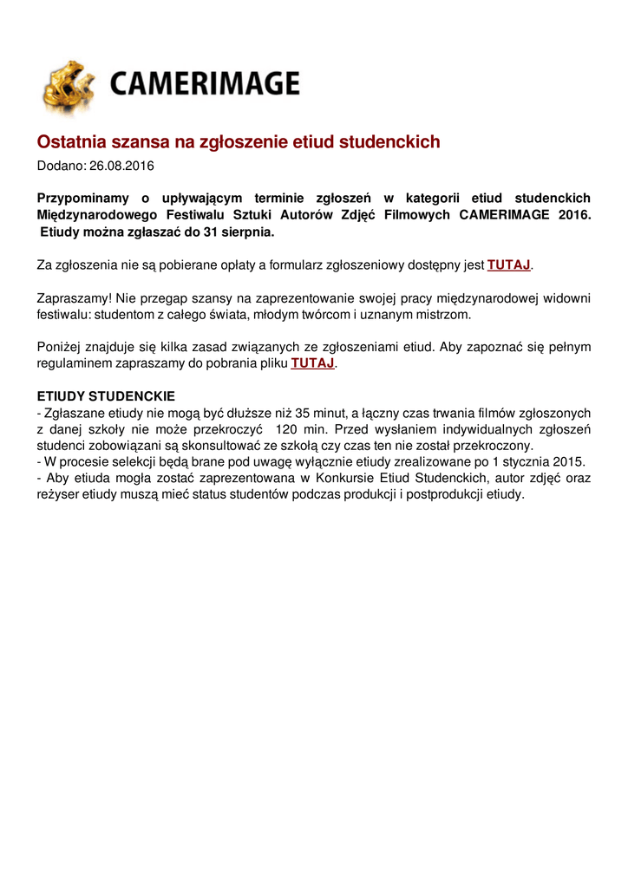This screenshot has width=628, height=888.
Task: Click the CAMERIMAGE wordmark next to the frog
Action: click(x=205, y=84)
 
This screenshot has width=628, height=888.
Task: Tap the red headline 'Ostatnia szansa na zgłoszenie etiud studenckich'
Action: click(x=239, y=141)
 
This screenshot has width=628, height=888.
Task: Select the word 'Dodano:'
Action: click(x=62, y=165)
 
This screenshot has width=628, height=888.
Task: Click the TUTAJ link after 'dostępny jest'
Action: click(x=508, y=264)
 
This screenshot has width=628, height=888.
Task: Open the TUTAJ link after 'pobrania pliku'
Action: click(x=312, y=363)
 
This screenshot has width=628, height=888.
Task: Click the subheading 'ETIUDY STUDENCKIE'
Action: click(x=106, y=396)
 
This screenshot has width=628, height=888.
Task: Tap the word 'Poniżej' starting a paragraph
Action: click(x=58, y=347)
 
